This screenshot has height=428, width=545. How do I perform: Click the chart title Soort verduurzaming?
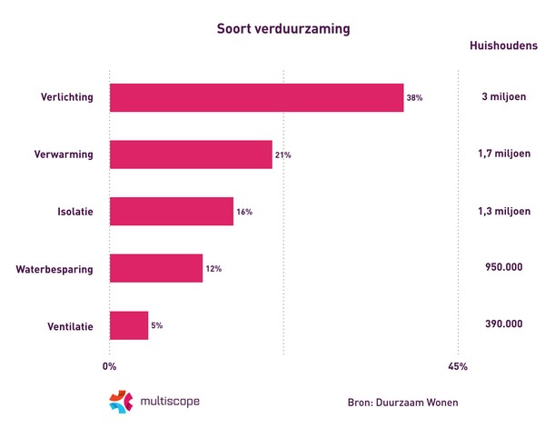coord(283,27)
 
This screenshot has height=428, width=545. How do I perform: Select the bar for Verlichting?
coord(256,98)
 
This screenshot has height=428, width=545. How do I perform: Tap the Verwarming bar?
coord(191,154)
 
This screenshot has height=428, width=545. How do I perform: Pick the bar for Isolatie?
coord(171,212)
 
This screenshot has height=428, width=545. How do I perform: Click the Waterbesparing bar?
coord(155,268)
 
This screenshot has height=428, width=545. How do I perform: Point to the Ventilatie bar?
coord(128,325)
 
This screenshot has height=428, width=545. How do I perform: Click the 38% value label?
coord(415,98)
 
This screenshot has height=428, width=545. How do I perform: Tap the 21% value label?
coord(283,155)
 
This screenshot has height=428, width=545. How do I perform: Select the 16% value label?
coord(244,212)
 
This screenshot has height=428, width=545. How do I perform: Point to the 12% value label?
coord(213,269)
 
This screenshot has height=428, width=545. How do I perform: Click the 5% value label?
coord(157,325)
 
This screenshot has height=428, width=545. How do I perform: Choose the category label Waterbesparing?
coord(54,269)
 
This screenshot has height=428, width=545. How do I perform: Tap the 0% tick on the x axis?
coord(109,367)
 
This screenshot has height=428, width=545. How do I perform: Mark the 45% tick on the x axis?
coord(458,367)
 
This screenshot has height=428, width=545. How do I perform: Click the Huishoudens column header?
coord(503,45)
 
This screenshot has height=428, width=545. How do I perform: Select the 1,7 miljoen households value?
coord(503,154)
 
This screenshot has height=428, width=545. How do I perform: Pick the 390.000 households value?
coord(503,324)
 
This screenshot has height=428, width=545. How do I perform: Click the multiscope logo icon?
coord(120,401)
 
